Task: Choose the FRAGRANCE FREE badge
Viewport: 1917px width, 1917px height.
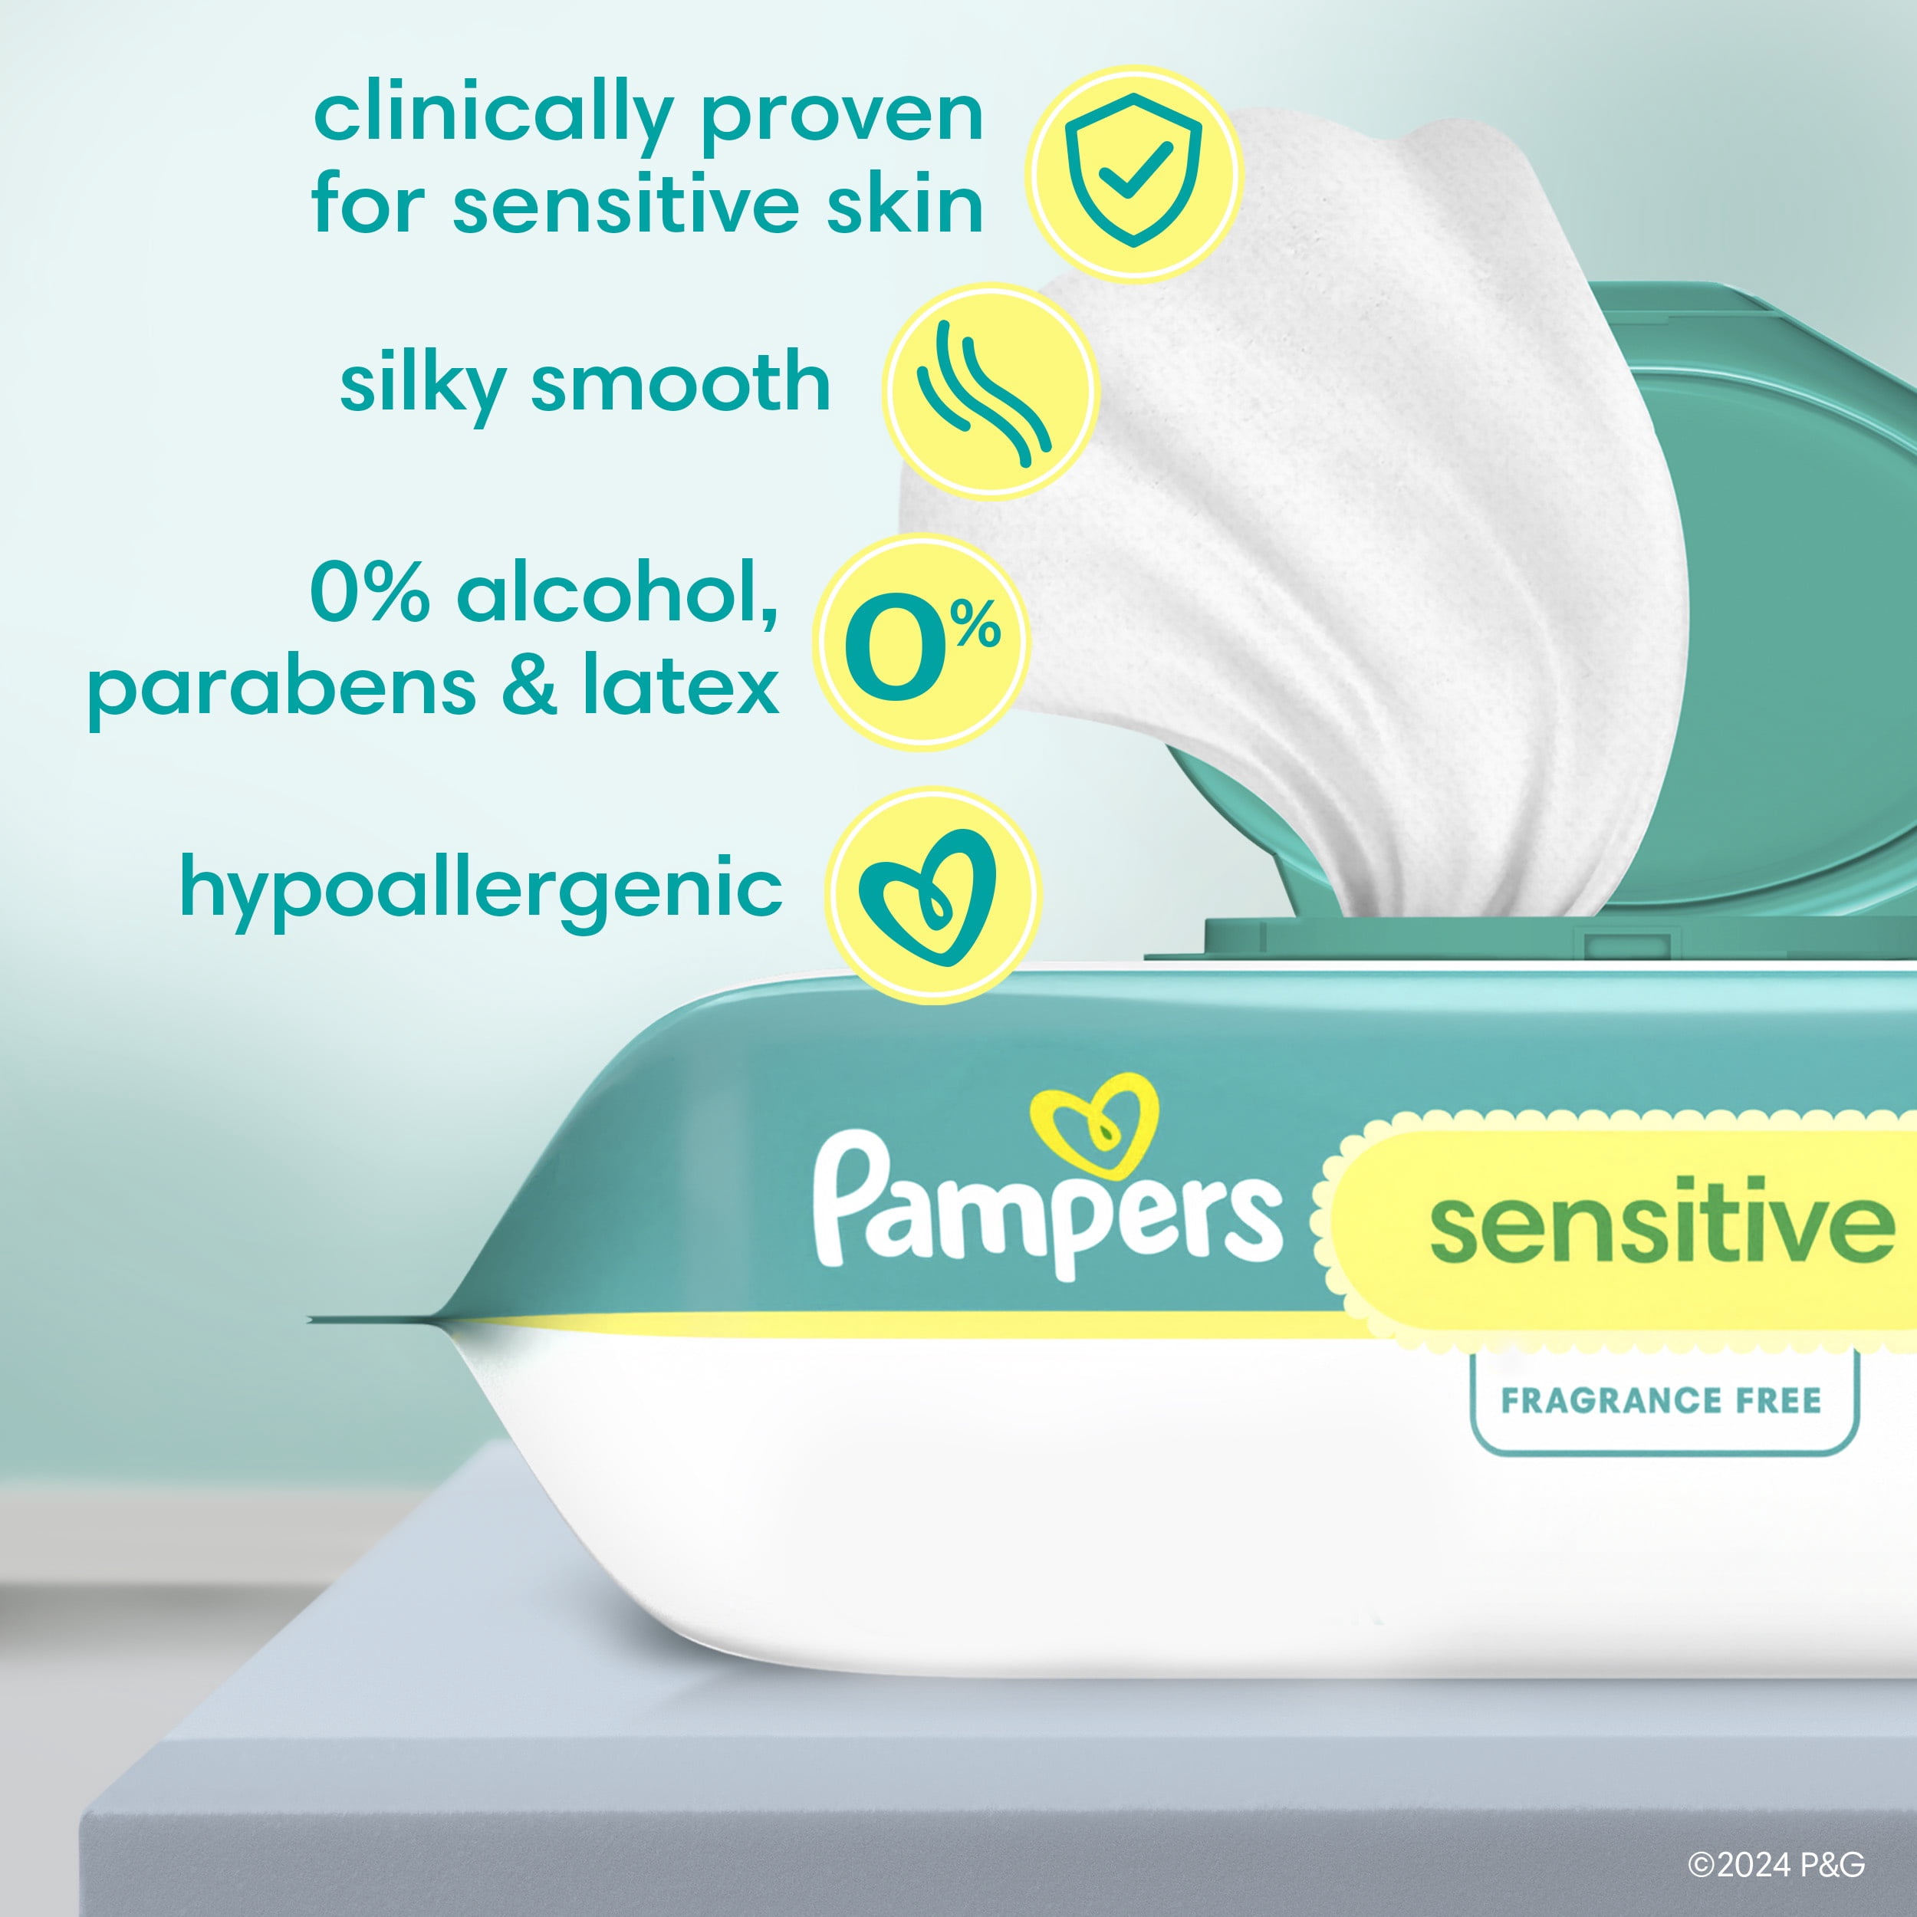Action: pos(1662,1400)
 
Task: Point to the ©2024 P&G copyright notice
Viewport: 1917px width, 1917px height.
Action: pos(1776,1864)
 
